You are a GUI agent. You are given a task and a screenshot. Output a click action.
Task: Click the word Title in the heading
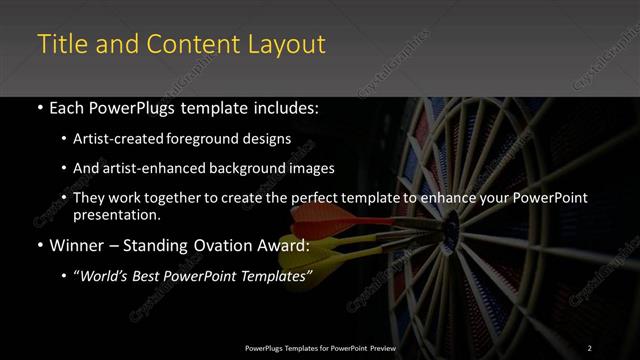59,44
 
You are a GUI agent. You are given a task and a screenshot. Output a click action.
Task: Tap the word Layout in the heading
287,44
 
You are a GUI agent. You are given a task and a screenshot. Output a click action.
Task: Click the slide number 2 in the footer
589,348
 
